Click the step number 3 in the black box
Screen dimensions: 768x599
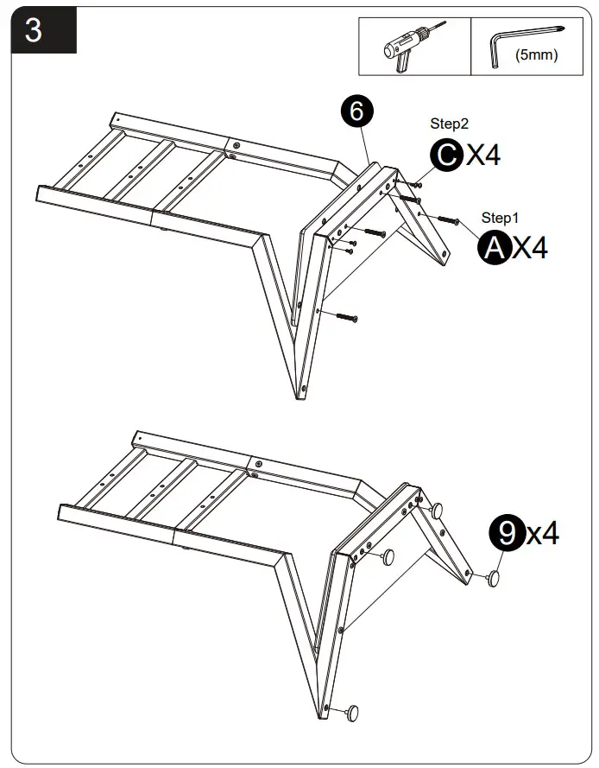pos(34,30)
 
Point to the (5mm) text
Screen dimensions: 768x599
pos(536,56)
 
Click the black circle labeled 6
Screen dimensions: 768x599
pos(356,111)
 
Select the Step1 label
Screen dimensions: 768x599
pos(501,218)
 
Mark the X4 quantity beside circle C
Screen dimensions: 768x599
pos(483,156)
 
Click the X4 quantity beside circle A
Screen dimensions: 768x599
pos(530,249)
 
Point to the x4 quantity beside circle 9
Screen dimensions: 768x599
pos(543,534)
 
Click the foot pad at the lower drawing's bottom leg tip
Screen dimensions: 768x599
pos(351,713)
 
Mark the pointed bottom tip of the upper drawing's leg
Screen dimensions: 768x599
pos(300,397)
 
